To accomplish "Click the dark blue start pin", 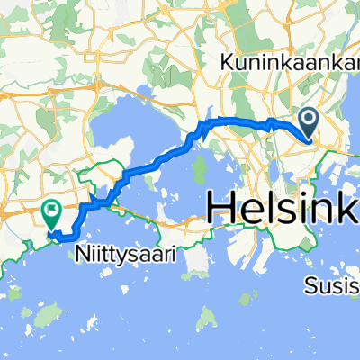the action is tap(307, 122).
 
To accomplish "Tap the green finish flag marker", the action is tap(51, 212).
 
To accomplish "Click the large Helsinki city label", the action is tap(283, 207).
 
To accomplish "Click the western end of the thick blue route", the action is tap(58, 238).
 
